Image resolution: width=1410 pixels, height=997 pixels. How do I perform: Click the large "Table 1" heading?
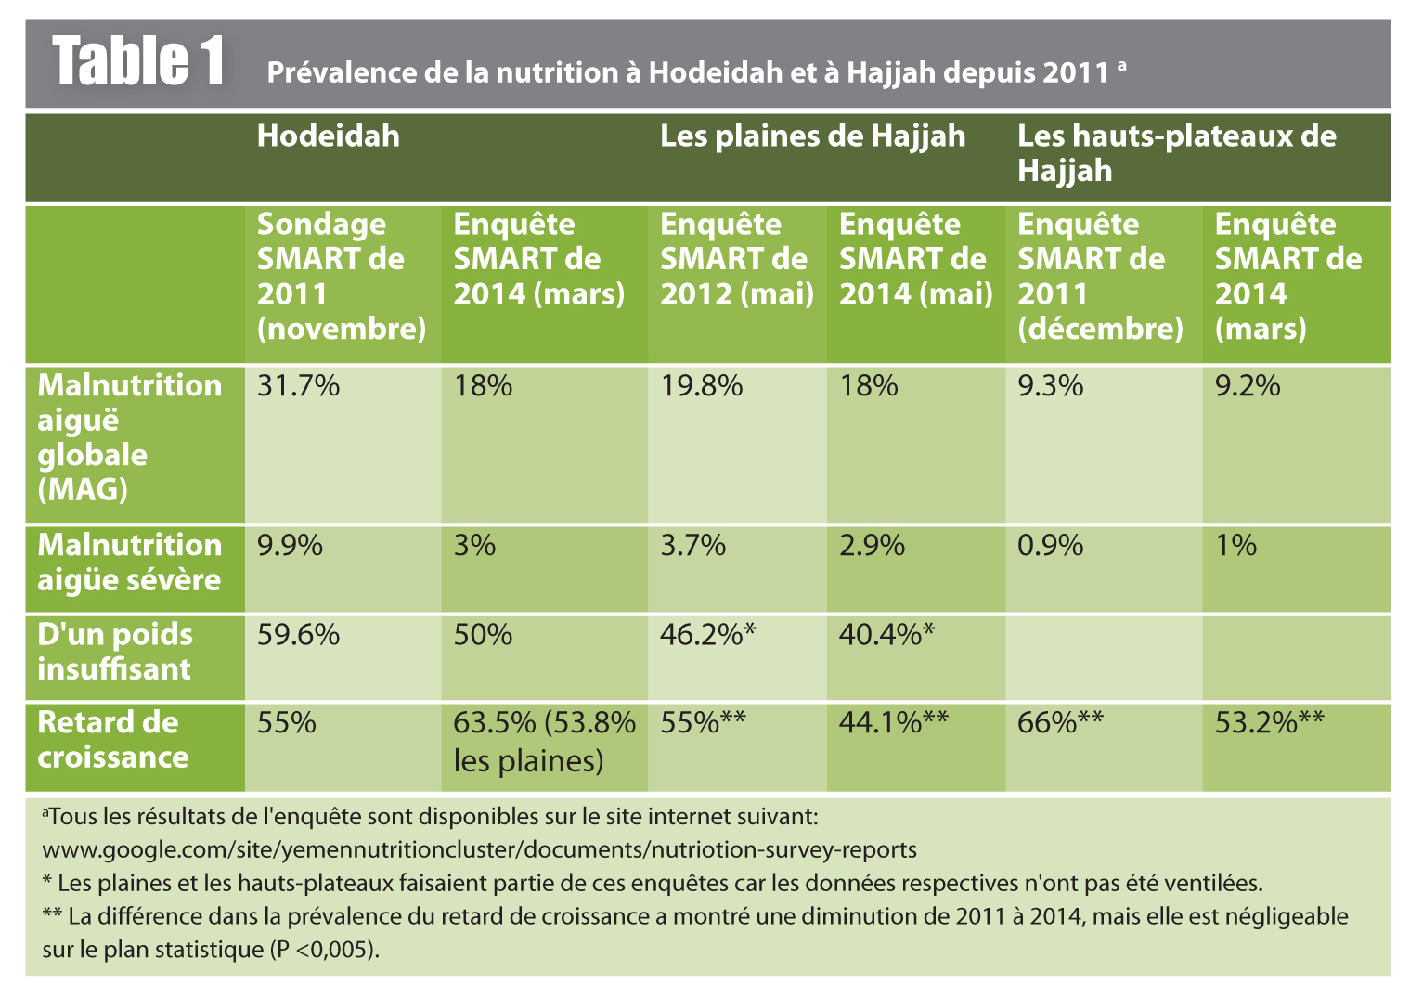138,62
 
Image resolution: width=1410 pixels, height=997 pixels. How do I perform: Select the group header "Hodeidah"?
328,136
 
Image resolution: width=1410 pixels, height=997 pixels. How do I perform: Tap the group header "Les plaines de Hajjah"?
812,136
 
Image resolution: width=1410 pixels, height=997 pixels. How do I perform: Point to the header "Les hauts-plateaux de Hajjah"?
1176,153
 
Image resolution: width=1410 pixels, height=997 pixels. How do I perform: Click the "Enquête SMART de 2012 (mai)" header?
736,259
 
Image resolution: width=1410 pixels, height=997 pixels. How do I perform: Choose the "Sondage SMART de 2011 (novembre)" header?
341,276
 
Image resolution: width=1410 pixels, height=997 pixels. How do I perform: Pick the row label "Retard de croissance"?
112,740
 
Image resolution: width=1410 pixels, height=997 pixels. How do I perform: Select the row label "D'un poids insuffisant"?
115,652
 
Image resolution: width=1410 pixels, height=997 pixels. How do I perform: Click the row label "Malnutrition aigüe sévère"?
129,563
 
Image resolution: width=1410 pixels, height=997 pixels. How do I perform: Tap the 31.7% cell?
298,385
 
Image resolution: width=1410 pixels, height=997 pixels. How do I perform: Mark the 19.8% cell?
701,385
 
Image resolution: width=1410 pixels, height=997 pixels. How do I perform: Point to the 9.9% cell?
290,545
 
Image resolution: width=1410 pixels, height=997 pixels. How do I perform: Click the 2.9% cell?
872,545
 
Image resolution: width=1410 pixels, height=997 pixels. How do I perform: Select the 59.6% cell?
298,635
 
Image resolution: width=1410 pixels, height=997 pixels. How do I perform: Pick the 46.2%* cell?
707,635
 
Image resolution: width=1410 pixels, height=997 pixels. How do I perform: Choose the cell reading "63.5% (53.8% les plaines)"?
544,742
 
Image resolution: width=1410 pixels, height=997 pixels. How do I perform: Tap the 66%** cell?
1060,722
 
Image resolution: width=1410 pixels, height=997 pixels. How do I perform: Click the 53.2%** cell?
1269,722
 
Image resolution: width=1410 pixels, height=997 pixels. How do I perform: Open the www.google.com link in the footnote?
479,849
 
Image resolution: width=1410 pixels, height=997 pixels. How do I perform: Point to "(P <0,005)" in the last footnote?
324,951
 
